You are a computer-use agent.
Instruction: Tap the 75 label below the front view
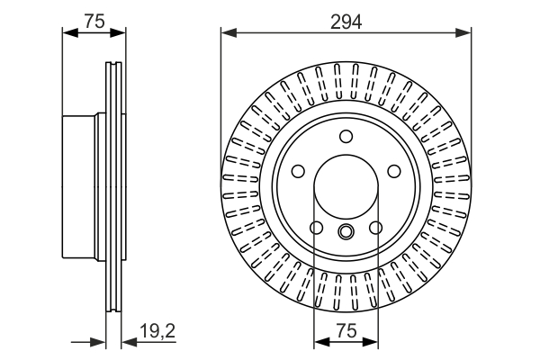click(346, 331)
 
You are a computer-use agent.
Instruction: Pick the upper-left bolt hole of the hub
click(297, 171)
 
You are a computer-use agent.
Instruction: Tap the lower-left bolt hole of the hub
click(315, 229)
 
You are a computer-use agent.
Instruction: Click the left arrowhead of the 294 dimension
click(226, 33)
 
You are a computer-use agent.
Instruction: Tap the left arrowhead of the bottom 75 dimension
click(318, 342)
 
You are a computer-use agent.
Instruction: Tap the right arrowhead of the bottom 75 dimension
click(374, 342)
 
